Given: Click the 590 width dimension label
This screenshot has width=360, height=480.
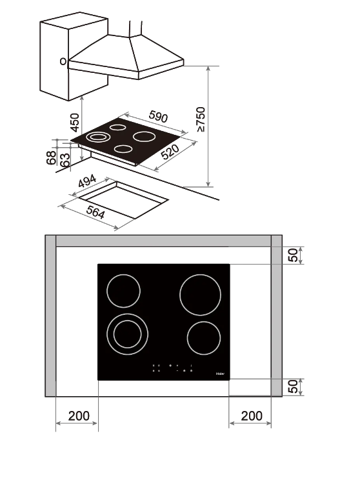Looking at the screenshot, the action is (158, 116).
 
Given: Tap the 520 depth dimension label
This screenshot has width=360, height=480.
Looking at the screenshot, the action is (170, 152).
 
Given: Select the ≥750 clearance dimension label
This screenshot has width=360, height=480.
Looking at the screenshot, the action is (201, 119).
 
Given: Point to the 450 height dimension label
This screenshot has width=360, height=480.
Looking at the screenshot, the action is (75, 123).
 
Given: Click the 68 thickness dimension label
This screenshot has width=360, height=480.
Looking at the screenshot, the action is (51, 157).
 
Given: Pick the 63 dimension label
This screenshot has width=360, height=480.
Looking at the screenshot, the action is (65, 160).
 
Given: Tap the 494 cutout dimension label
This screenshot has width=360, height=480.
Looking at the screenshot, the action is (87, 181).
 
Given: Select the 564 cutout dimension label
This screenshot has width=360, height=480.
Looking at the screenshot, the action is (95, 212).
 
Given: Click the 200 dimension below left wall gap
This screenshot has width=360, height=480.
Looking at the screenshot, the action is (79, 415).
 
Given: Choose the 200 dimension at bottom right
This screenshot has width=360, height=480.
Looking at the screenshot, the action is (252, 415).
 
